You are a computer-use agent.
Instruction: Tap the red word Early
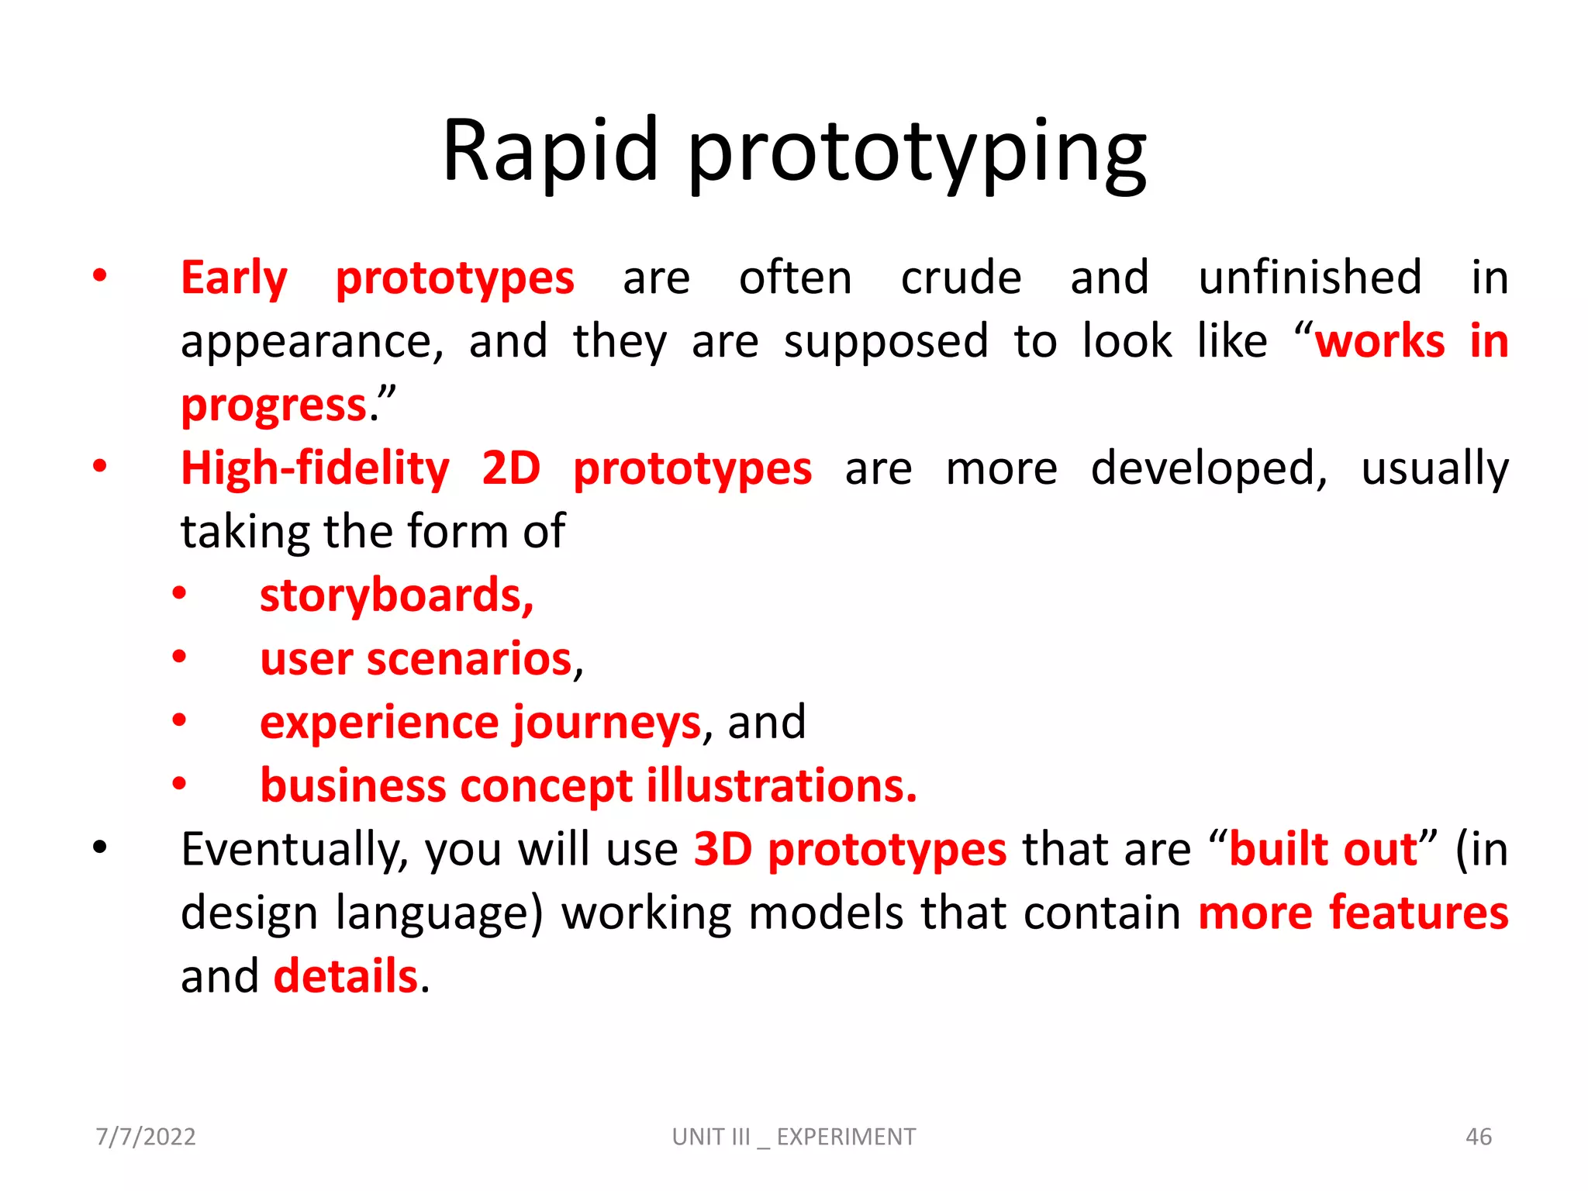[234, 278]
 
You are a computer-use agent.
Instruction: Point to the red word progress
[274, 406]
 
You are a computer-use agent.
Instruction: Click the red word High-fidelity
[315, 469]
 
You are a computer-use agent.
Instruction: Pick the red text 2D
[510, 468]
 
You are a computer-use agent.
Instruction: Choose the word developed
[1208, 468]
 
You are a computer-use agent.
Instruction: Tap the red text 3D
[723, 849]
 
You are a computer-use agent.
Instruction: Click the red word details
[346, 976]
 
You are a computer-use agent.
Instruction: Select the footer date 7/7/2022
[146, 1137]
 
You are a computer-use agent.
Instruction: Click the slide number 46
[1478, 1137]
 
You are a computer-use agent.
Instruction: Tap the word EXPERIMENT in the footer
[846, 1137]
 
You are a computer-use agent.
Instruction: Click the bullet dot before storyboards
[179, 595]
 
